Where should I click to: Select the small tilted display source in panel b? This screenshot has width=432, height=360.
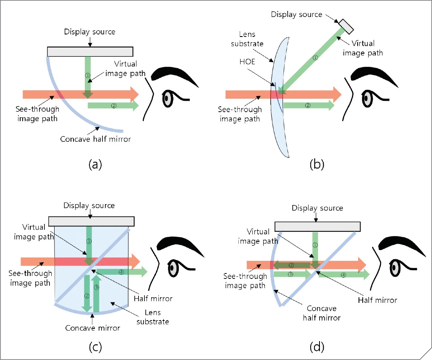[346, 26]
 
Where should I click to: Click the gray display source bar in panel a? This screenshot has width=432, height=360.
[90, 51]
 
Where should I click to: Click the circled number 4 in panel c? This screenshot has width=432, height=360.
[121, 272]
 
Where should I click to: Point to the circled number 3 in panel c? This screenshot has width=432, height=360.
[96, 288]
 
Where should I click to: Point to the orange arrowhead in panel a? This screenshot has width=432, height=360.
[134, 94]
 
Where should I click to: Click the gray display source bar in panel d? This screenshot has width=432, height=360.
[317, 226]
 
